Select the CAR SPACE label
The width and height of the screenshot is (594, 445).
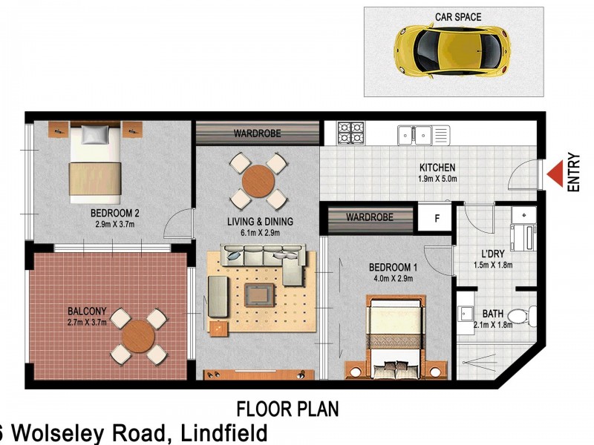coord(458,16)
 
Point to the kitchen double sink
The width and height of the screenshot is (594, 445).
coord(414,134)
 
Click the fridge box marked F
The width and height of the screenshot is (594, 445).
coord(437,218)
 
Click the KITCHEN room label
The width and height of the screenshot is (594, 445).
coord(437,168)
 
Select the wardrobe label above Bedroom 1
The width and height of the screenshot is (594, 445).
coord(369,218)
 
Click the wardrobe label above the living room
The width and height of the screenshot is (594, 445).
coord(256,134)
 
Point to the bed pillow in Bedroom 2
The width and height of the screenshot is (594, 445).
coord(94,134)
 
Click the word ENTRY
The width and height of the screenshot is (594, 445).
coord(574,173)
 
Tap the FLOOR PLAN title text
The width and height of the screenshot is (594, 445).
coord(287,409)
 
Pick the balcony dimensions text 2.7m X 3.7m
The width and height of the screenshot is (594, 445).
coord(87,323)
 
